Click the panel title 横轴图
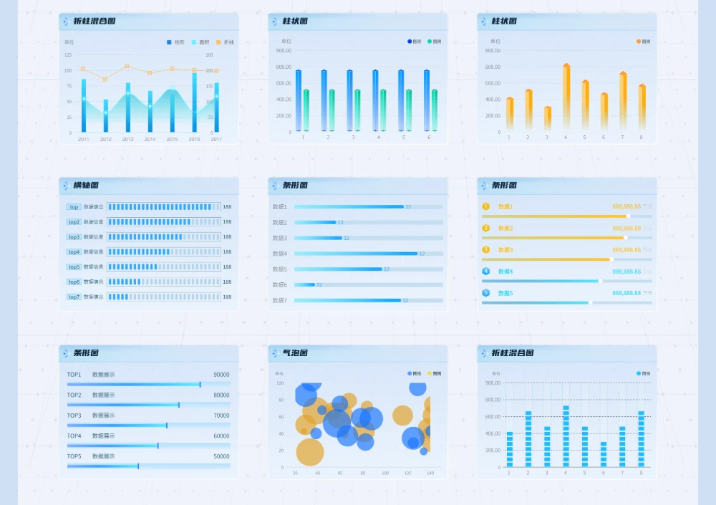(x=86, y=186)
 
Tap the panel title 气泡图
(x=295, y=353)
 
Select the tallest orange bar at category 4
(x=566, y=97)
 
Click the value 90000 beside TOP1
(x=221, y=375)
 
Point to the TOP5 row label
(x=74, y=456)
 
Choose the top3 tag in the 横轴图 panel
(x=74, y=237)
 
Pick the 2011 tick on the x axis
(x=84, y=139)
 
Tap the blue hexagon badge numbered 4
(x=485, y=271)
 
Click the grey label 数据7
(x=279, y=300)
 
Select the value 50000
(x=221, y=456)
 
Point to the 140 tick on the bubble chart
(x=430, y=473)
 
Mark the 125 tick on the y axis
(x=68, y=54)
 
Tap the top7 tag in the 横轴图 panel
(x=74, y=297)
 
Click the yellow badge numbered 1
(x=485, y=206)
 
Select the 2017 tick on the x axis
(x=216, y=139)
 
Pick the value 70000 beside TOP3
(x=221, y=415)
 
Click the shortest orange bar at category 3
(x=548, y=118)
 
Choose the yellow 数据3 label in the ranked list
(x=505, y=250)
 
